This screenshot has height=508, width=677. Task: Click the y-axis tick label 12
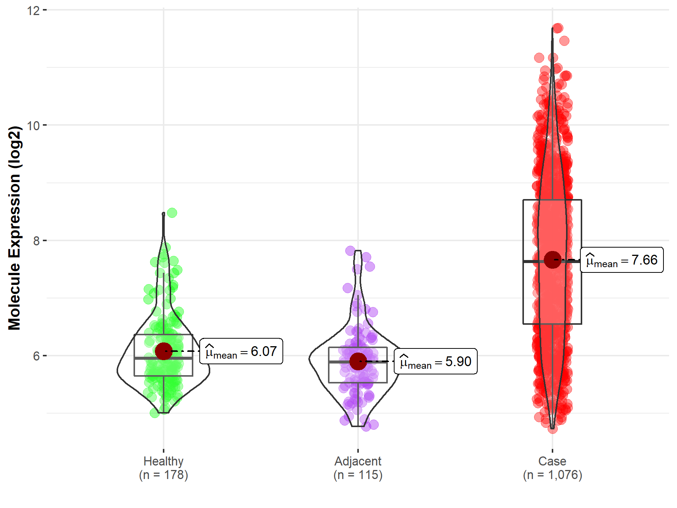point(33,11)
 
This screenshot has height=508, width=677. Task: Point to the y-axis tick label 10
point(33,126)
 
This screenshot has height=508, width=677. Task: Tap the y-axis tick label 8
point(36,241)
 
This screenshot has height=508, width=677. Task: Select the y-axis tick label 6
point(36,356)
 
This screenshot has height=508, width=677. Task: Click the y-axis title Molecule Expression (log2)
point(14,228)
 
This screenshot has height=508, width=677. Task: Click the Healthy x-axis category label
point(163,461)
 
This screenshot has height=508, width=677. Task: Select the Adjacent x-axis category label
point(358,461)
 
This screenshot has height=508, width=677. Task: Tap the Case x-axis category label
point(552,461)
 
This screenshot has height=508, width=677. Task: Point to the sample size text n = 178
point(163,475)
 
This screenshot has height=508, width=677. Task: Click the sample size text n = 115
point(358,475)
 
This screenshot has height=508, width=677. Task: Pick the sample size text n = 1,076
point(552,475)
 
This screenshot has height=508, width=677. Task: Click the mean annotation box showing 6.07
point(241,351)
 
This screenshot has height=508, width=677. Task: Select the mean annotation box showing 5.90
point(436,362)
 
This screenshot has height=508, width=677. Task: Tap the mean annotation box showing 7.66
point(622,260)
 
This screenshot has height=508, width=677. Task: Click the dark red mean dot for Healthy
point(164,351)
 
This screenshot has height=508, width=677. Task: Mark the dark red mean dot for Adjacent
point(358,361)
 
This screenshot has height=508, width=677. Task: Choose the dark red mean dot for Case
point(553,260)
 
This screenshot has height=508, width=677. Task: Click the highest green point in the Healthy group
point(172,213)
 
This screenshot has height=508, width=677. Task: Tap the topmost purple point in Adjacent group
point(350,251)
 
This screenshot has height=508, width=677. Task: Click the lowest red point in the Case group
point(553,429)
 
